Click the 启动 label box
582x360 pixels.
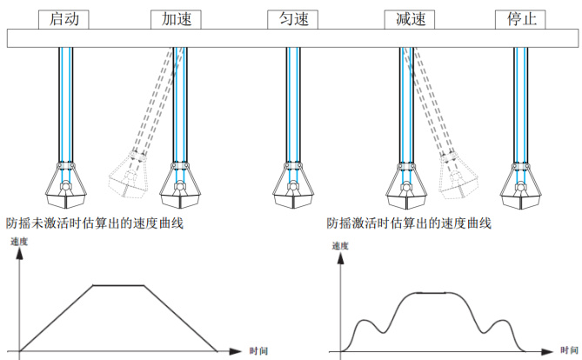point(65,18)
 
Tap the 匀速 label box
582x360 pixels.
point(293,18)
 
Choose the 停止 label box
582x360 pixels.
point(521,18)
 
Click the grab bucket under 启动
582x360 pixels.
point(65,186)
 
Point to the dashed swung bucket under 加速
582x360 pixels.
point(127,177)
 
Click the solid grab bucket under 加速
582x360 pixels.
point(180,186)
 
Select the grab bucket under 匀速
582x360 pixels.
point(293,186)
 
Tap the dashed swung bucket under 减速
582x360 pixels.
point(458,177)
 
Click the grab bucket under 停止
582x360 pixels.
point(521,186)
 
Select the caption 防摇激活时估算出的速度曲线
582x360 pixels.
point(409,223)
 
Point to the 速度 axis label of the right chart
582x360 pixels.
point(341,246)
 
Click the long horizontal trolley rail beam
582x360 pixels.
point(287,38)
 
